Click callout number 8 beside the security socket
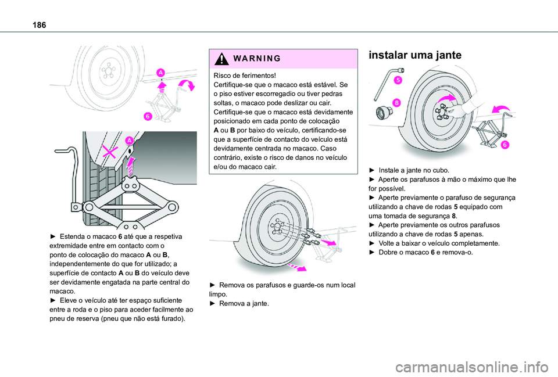[x=396, y=102]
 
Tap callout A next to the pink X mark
[x=129, y=141]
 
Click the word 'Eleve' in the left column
[x=69, y=300]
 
